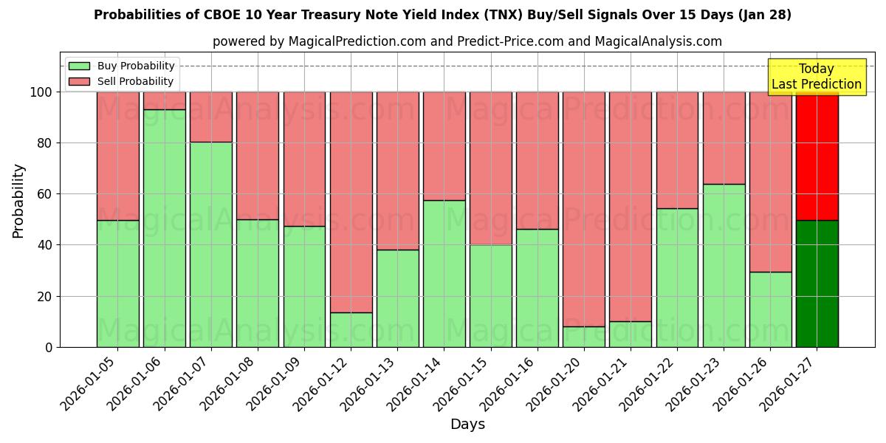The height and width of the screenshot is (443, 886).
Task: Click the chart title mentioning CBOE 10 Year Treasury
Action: point(442,15)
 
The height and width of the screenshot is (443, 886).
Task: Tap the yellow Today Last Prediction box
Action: point(816,77)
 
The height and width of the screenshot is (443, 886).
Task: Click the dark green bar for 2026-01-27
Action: point(817,284)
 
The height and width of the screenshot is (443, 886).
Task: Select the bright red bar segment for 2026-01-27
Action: point(817,156)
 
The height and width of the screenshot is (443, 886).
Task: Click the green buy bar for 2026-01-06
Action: point(165,228)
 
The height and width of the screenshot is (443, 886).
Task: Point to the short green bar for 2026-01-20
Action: point(584,337)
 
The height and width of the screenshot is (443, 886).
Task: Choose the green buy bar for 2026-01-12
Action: point(351,329)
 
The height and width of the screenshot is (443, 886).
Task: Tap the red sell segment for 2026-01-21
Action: point(631,207)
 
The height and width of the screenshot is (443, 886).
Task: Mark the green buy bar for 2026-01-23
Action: point(724,265)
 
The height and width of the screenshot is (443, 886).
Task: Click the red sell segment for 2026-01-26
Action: point(770,182)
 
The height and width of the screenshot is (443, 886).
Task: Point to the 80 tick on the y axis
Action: point(46,143)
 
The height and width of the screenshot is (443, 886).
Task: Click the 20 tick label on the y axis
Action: point(46,296)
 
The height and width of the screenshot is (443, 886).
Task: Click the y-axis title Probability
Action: point(18,201)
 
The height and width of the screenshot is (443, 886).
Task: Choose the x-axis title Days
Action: point(467,425)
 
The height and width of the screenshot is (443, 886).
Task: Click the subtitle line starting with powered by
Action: point(467,41)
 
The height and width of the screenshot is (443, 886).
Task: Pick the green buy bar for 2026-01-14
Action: point(444,273)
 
